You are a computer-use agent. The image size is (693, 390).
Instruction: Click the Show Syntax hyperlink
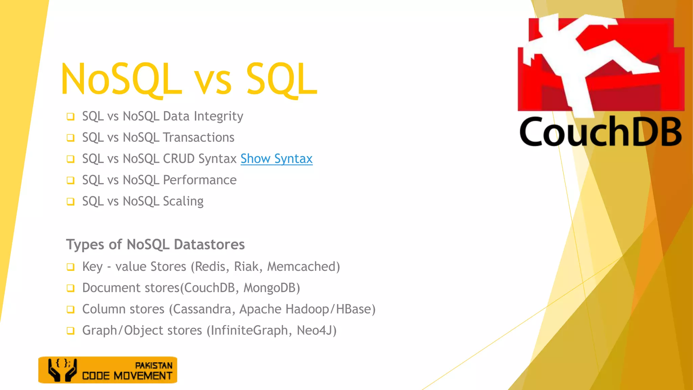tap(276, 159)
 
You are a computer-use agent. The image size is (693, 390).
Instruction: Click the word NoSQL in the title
tap(121, 80)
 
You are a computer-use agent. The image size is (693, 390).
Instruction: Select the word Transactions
tap(199, 137)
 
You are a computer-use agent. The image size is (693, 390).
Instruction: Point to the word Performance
tap(200, 180)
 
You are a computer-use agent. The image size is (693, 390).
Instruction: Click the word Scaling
tap(183, 201)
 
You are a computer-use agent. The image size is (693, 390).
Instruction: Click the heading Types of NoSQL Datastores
tap(155, 244)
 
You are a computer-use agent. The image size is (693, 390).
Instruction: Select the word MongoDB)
tap(272, 288)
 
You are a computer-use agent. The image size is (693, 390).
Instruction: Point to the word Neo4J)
tap(316, 330)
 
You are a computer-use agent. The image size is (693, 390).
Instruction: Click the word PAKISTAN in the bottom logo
tap(154, 366)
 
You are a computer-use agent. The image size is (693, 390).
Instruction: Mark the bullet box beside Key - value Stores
tap(70, 267)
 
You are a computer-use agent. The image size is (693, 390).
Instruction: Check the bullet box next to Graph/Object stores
tap(70, 331)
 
